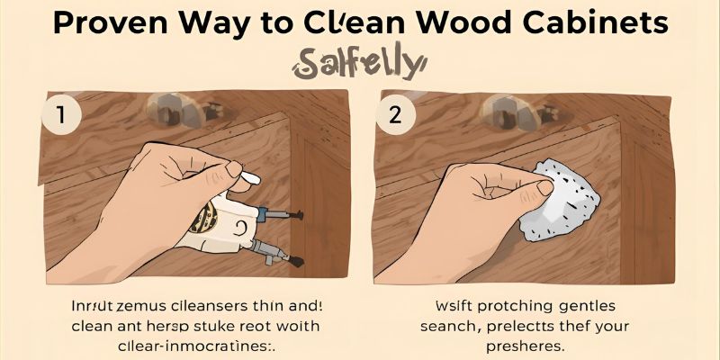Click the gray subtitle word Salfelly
tap(358, 65)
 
